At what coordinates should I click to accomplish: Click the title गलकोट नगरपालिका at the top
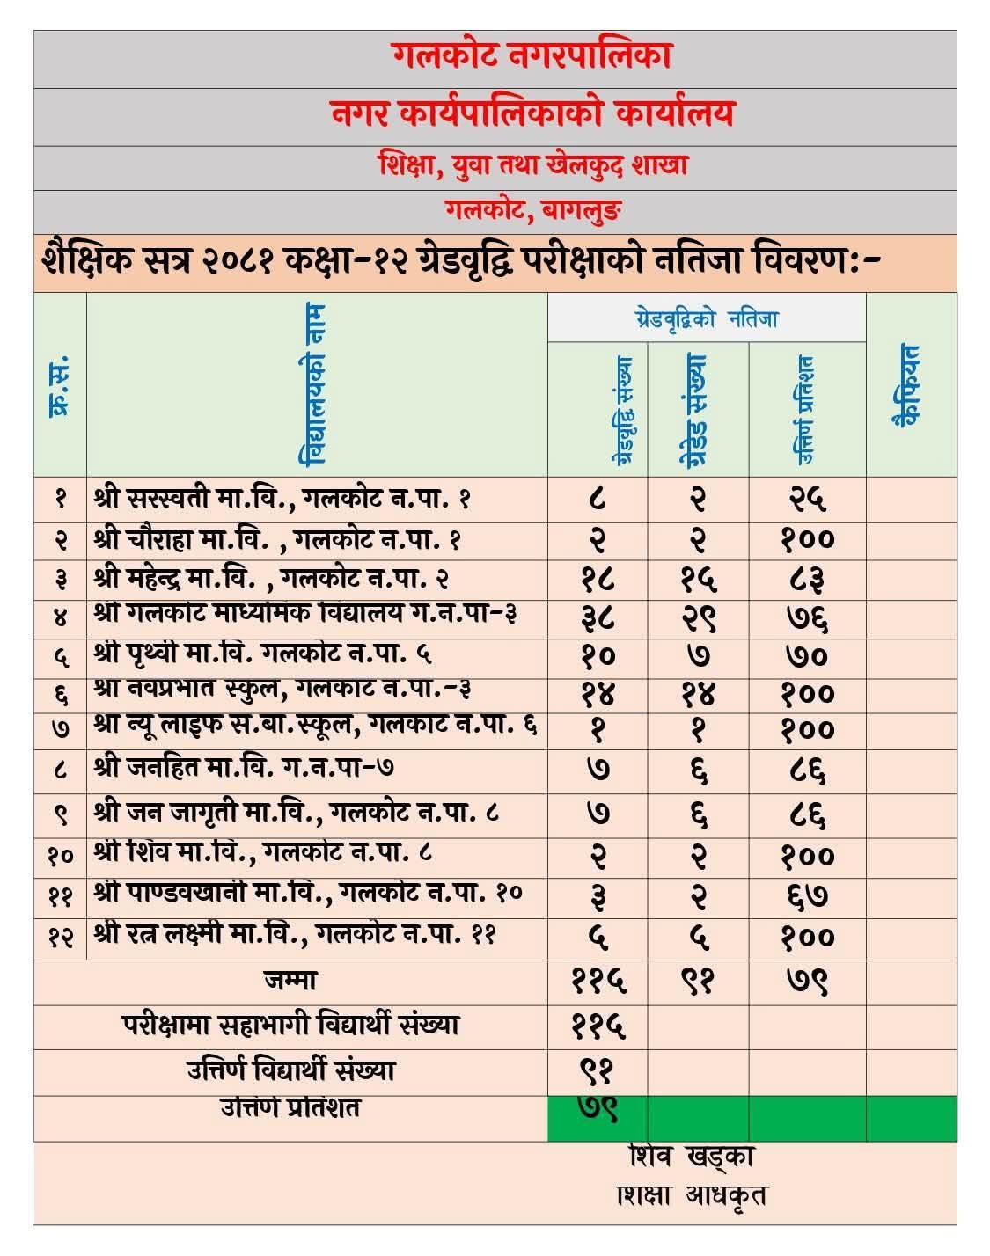(532, 56)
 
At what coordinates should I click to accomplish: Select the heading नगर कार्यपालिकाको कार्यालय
(532, 113)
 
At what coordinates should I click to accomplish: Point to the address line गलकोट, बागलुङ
(533, 210)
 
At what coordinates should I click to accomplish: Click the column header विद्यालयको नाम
(314, 384)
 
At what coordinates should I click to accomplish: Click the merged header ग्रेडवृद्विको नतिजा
(706, 318)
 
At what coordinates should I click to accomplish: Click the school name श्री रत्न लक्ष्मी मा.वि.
(294, 934)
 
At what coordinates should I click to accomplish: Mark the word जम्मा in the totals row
(290, 979)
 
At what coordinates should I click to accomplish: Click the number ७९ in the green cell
(598, 1110)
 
